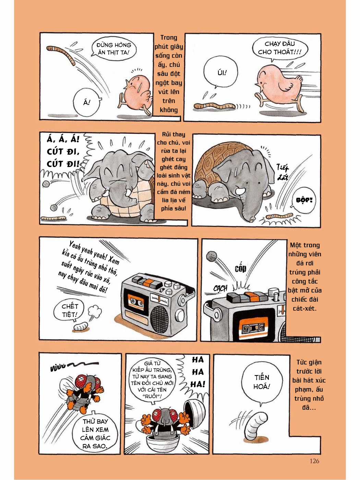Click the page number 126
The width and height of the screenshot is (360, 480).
(314, 461)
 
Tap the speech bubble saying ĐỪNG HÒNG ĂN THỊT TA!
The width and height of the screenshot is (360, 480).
(114, 49)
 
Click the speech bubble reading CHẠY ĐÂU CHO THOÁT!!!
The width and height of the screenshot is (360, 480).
(279, 48)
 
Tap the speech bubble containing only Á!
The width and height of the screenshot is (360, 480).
(87, 102)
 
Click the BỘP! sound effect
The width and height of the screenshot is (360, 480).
(304, 200)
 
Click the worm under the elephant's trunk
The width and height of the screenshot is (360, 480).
(280, 216)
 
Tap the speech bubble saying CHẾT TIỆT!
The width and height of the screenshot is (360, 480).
(70, 310)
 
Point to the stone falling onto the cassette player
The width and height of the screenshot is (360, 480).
(211, 256)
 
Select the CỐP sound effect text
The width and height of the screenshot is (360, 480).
(240, 268)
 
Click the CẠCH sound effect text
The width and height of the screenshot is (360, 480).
(220, 288)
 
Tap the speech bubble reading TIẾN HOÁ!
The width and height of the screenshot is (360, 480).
(262, 382)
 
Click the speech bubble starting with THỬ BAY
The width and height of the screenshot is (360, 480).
(95, 433)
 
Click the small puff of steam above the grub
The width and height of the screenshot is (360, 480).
(95, 311)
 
